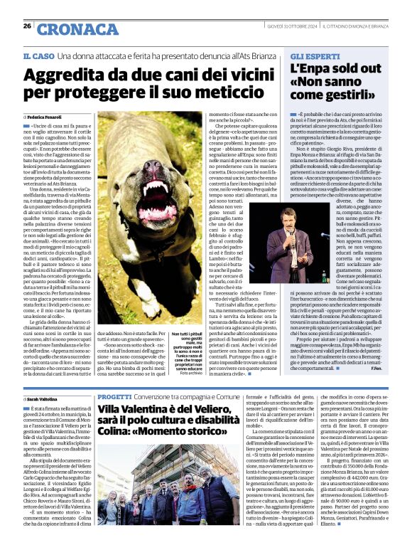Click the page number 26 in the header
coord(27,26)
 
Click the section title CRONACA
coord(67,29)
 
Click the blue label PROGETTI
coord(114,397)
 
